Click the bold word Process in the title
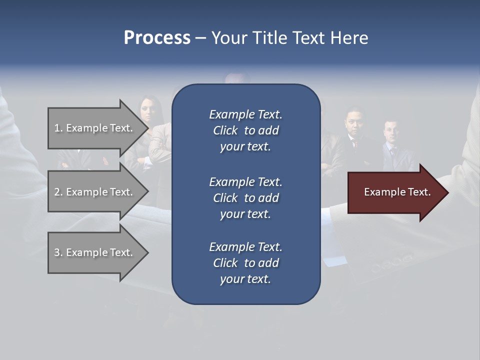157,38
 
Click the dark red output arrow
395,192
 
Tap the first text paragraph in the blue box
245,130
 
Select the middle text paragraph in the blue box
245,198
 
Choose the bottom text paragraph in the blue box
245,263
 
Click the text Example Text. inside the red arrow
397,192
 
